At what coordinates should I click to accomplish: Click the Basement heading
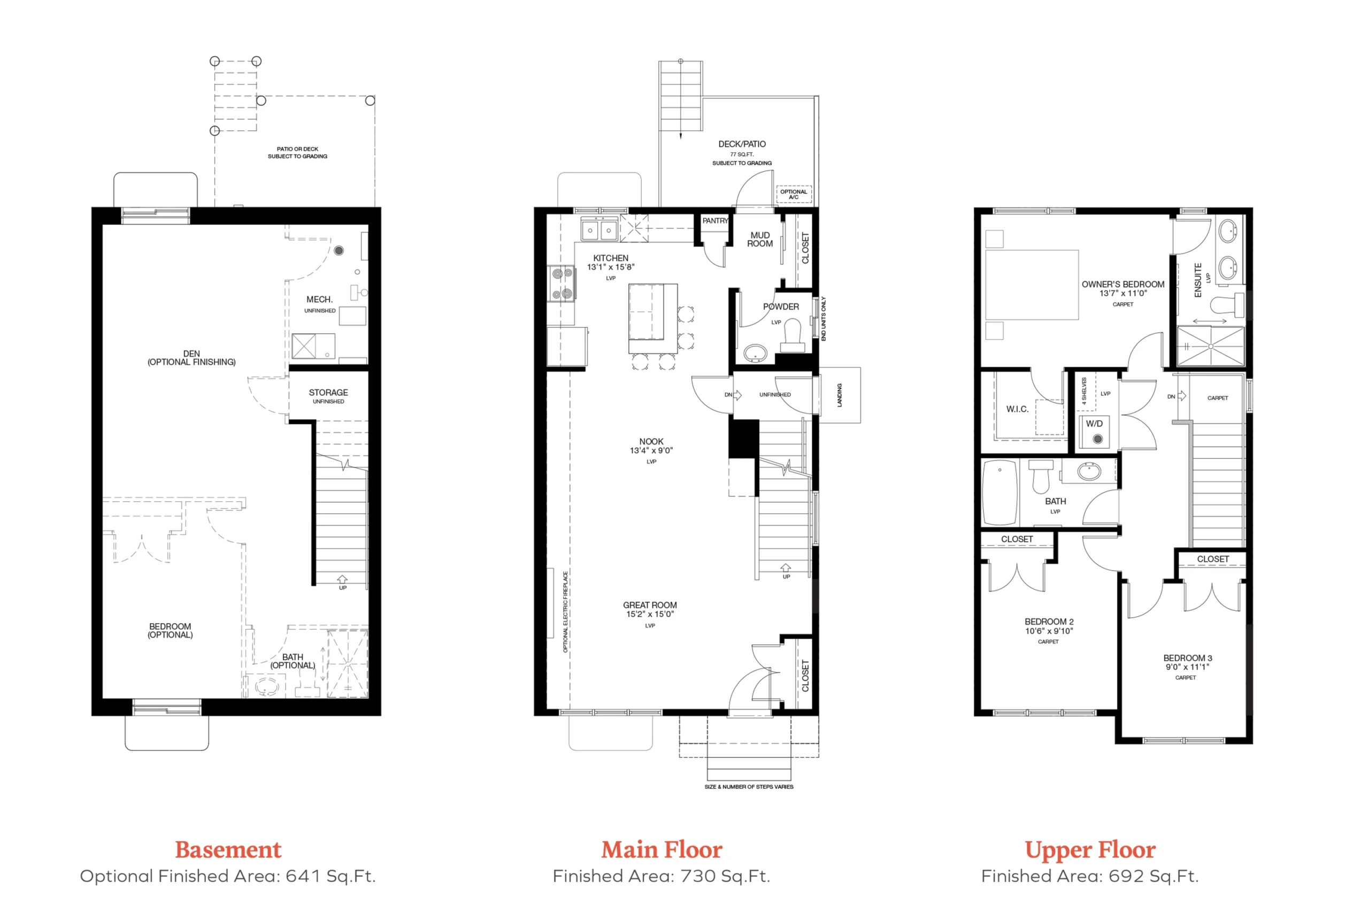[228, 849]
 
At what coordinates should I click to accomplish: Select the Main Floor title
[662, 849]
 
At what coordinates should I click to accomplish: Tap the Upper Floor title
[1090, 850]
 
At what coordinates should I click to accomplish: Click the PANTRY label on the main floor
[715, 221]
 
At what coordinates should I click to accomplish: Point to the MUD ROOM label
[760, 239]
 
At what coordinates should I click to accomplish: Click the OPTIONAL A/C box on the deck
[794, 194]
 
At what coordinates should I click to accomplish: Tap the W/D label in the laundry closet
[1094, 423]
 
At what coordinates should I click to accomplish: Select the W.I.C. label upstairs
[1018, 409]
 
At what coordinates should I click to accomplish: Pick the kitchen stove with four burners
[562, 283]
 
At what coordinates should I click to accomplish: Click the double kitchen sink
[599, 229]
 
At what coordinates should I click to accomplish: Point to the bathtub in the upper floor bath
[999, 493]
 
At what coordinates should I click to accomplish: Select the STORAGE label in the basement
[328, 393]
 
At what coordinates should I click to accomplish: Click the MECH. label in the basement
[320, 300]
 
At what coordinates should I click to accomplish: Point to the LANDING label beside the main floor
[840, 395]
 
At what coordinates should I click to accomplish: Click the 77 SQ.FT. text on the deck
[742, 154]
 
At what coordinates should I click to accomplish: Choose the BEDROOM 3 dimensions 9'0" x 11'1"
[1187, 667]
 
